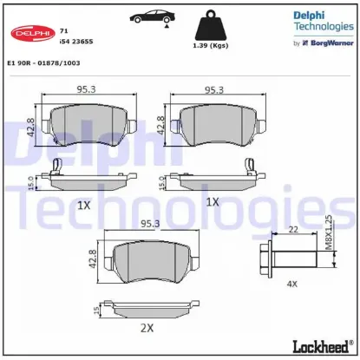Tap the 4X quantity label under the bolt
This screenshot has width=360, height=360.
point(291,282)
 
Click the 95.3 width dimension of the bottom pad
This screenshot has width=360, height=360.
point(149,223)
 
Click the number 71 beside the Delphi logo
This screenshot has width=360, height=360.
point(63,29)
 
